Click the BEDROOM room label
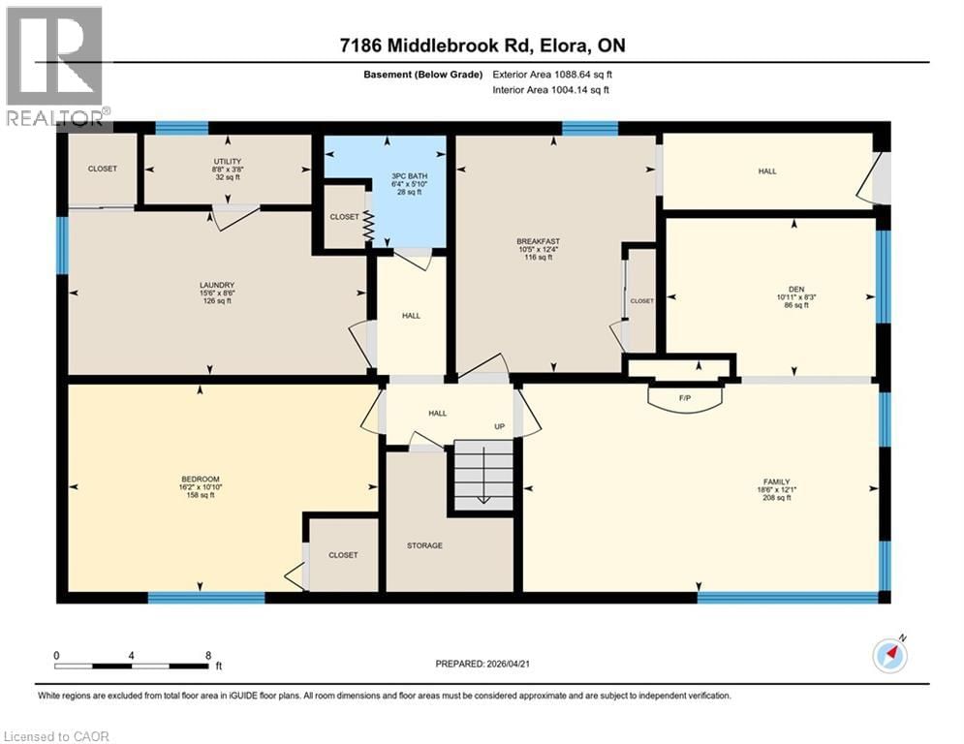coord(201,479)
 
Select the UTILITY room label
coord(228,161)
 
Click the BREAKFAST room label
coord(539,241)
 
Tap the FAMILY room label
coord(775,481)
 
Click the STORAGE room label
coord(424,545)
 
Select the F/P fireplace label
coord(685,396)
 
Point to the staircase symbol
coord(482,475)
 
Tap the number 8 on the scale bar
coord(208,655)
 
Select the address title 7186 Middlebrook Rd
coord(482,46)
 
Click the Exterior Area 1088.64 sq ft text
coord(551,74)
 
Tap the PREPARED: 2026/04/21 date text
coord(483,664)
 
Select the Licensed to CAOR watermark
coord(56,736)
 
